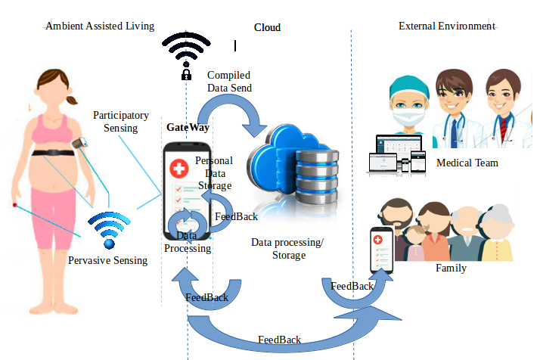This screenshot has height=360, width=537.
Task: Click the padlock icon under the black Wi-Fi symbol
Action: [x=186, y=74]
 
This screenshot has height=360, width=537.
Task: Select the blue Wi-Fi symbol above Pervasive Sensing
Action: [x=109, y=230]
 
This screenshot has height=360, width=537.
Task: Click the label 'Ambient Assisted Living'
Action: [x=100, y=26]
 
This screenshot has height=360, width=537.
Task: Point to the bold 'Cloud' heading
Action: [x=267, y=27]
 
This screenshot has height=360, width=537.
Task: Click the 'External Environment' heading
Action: [x=447, y=26]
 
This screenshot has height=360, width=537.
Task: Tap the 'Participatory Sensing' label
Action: [x=121, y=121]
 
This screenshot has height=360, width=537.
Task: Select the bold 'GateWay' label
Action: [x=188, y=127]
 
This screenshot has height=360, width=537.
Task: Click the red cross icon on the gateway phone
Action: [x=179, y=169]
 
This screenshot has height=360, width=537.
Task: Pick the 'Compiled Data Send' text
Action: [x=229, y=82]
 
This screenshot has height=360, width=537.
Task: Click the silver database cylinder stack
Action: [x=317, y=176]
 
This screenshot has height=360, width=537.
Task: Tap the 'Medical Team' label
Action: [x=467, y=163]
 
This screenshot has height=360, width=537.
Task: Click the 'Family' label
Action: [x=451, y=268]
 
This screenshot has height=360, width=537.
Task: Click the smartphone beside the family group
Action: [x=381, y=250]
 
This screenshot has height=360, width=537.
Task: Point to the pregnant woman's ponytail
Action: [x=72, y=100]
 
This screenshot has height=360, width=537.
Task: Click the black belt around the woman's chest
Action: [x=53, y=153]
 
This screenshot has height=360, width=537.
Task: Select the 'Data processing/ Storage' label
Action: [x=287, y=249]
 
